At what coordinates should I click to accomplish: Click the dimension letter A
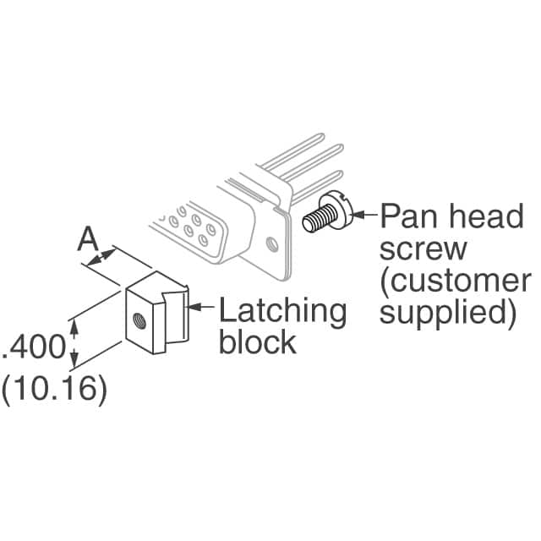pyautogui.click(x=88, y=240)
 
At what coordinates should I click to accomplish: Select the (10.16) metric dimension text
pyautogui.click(x=55, y=390)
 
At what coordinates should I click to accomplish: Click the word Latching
pyautogui.click(x=282, y=311)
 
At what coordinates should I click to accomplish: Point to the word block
pyautogui.click(x=257, y=342)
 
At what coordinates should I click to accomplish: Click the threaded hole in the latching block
pyautogui.click(x=137, y=319)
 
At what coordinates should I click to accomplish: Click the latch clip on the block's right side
pyautogui.click(x=176, y=321)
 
